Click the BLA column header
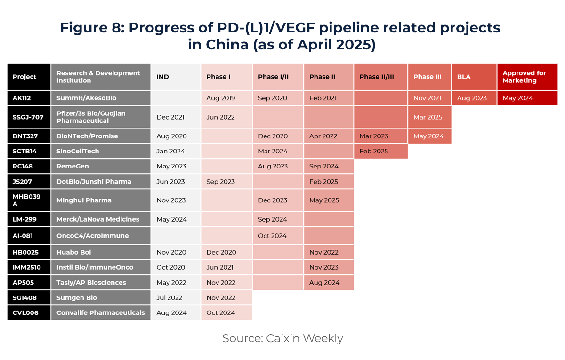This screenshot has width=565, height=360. (474, 77)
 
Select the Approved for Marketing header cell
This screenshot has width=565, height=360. (527, 77)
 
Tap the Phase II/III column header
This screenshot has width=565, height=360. (380, 77)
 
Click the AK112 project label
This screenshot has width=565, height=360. (29, 98)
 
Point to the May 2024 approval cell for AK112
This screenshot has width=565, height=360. (527, 98)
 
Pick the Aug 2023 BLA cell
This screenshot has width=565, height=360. (474, 98)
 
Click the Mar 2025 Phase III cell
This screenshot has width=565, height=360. (429, 117)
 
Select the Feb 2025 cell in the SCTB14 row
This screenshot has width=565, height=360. (380, 151)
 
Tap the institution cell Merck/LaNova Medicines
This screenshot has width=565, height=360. (100, 219)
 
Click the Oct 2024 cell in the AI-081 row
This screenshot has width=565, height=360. (278, 236)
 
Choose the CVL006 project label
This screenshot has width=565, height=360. (29, 312)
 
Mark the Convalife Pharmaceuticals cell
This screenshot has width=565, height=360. (100, 312)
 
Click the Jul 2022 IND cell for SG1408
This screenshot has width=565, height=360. (176, 297)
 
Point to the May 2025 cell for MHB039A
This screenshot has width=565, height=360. (328, 200)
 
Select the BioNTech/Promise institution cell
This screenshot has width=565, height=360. (100, 136)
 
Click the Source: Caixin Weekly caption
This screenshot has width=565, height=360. (282, 338)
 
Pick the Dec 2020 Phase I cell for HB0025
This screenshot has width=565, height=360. (226, 252)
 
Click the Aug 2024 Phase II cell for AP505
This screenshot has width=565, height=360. (328, 283)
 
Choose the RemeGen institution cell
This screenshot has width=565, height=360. (100, 166)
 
